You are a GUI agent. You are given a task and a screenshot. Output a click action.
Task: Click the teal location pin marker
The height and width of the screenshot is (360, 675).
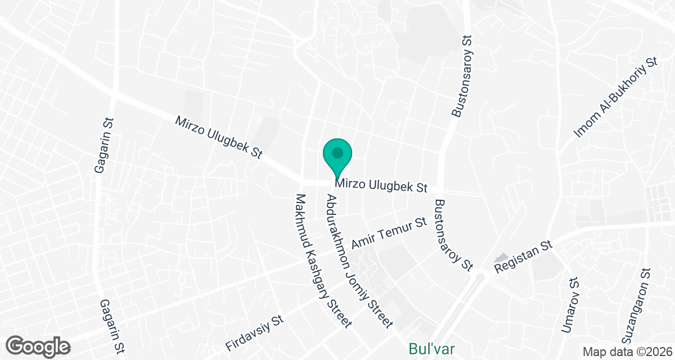click(x=337, y=154)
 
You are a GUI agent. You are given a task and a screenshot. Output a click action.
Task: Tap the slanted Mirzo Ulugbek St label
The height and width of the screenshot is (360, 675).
click(x=219, y=138)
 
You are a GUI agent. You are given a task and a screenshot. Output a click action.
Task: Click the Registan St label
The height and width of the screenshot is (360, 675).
click(x=524, y=258)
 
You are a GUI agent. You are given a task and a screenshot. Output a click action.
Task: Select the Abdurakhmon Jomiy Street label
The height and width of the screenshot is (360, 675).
click(x=357, y=261)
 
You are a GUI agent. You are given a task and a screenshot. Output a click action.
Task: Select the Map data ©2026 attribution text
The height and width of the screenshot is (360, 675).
click(x=626, y=352)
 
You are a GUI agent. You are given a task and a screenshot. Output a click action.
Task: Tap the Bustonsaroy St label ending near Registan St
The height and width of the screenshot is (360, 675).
click(x=453, y=235)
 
